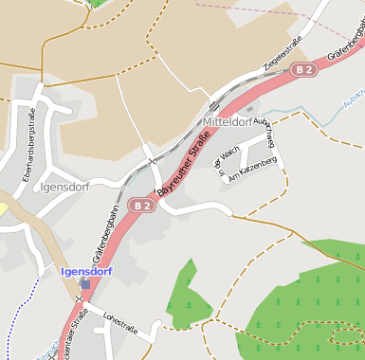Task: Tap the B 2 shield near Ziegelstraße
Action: (302, 69)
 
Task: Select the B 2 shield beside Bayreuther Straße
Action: (141, 205)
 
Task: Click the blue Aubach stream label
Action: (353, 98)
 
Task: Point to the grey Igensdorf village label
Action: (65, 187)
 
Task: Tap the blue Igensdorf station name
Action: (87, 271)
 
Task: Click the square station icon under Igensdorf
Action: (85, 283)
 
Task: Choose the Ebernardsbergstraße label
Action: (29, 148)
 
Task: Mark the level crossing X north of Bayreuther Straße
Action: (151, 161)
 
